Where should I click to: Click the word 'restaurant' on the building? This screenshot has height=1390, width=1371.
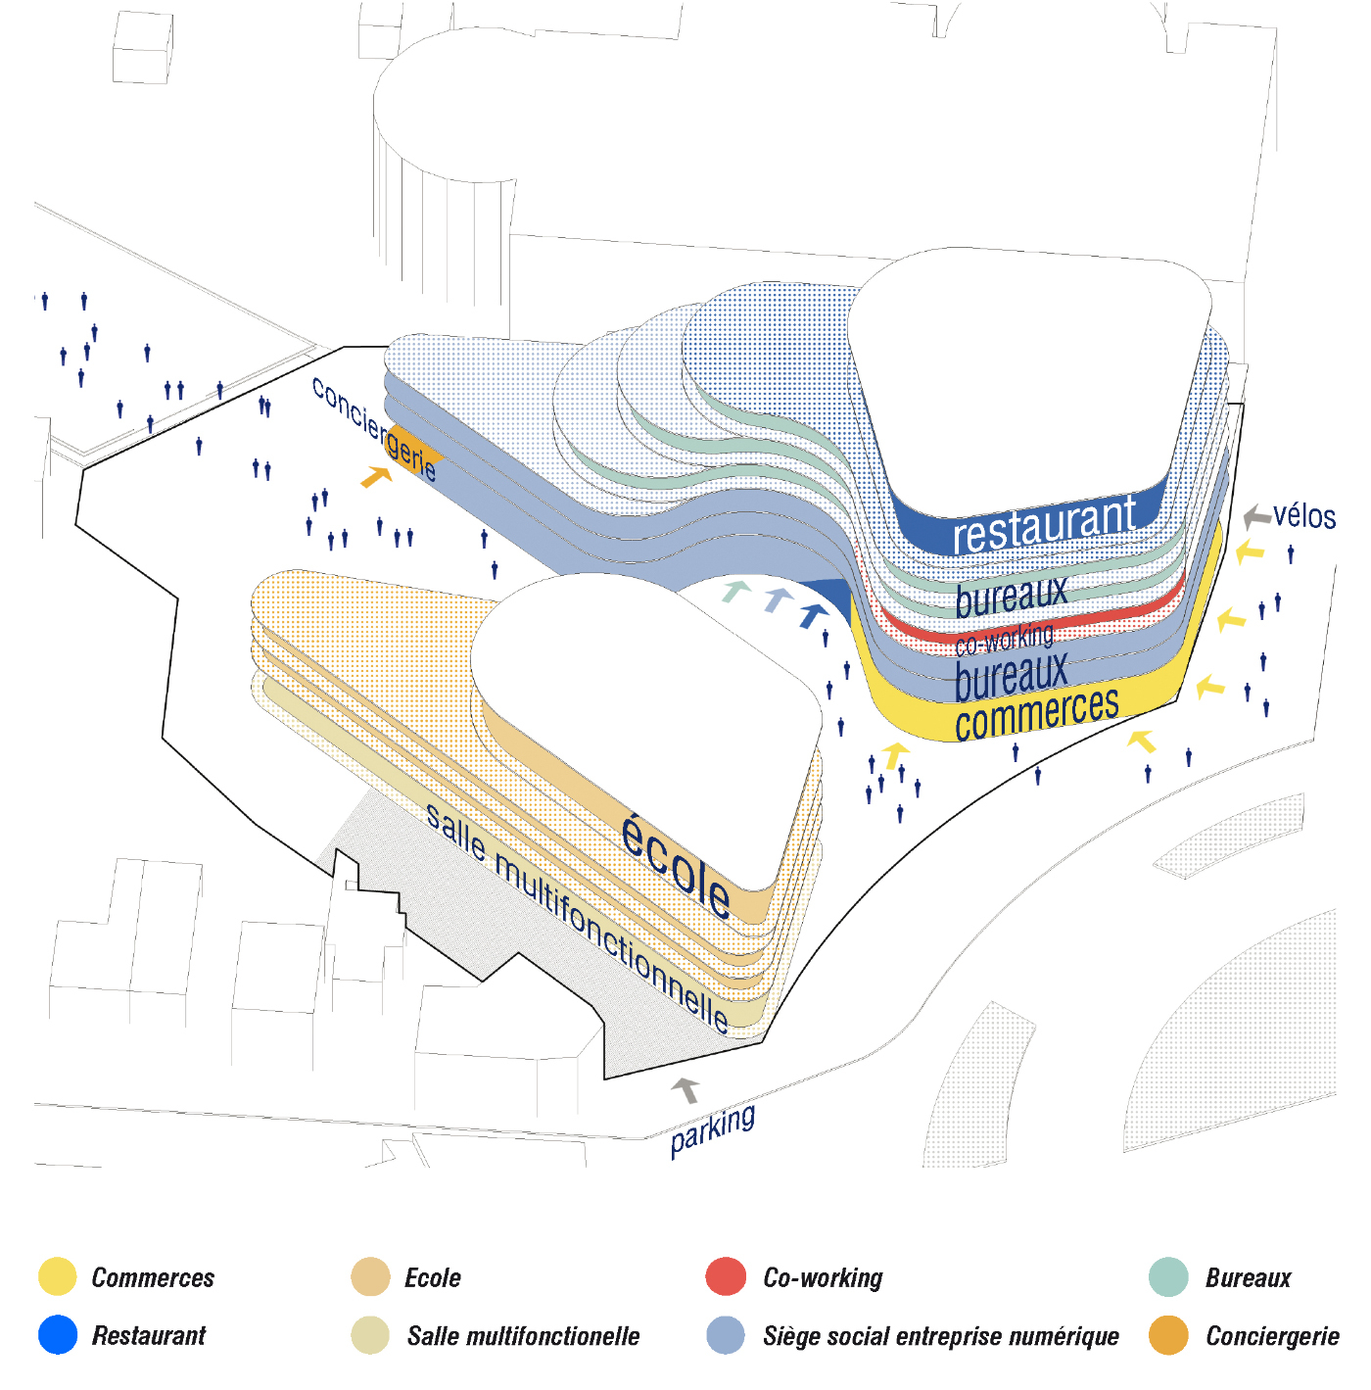(1044, 526)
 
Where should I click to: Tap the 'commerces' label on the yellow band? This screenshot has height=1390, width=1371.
(1036, 713)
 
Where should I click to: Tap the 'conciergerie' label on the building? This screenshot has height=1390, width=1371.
(374, 428)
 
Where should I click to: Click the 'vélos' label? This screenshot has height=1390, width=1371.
(1304, 515)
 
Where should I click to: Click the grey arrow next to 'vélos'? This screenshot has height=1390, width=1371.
(1256, 516)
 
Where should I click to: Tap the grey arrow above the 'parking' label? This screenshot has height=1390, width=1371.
(686, 1089)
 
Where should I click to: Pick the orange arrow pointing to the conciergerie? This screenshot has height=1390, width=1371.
(376, 476)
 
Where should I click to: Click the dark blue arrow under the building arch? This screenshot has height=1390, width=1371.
(813, 615)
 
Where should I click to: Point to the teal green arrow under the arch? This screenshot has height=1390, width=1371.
(735, 591)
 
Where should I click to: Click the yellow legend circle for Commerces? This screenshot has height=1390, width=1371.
(57, 1277)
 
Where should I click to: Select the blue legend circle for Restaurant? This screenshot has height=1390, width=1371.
(57, 1335)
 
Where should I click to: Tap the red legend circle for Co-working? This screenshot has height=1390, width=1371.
(726, 1277)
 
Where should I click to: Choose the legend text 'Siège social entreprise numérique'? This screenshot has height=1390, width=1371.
(940, 1336)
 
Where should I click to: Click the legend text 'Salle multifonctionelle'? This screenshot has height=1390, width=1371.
(523, 1336)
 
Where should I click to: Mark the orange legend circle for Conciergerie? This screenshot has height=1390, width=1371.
(1168, 1335)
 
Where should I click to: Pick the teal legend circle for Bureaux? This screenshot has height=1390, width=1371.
(1168, 1277)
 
